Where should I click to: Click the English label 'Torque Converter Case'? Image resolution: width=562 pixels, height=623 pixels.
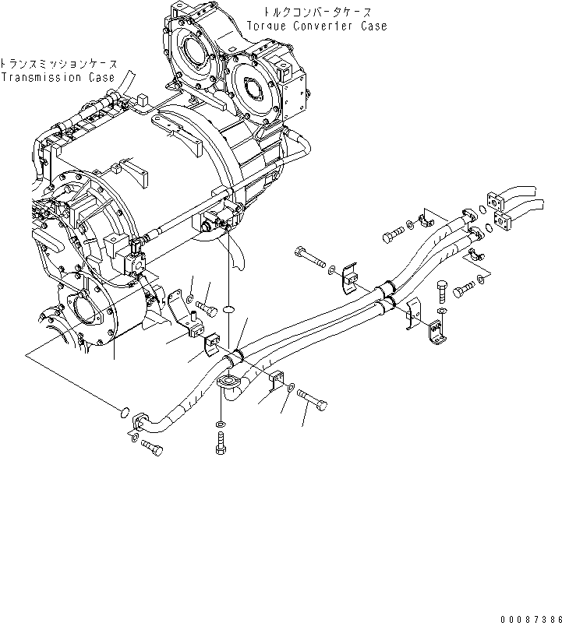point(316,26)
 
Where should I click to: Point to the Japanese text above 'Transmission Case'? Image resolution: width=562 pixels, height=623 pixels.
point(58,63)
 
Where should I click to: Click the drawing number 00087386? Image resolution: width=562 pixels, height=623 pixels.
point(528,616)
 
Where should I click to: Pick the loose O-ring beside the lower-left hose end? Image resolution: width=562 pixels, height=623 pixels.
point(123,410)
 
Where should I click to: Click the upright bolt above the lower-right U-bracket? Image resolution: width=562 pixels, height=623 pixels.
point(443,289)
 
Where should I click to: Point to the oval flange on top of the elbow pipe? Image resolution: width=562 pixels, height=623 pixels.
point(231,382)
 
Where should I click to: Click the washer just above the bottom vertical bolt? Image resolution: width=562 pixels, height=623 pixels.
point(219,425)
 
